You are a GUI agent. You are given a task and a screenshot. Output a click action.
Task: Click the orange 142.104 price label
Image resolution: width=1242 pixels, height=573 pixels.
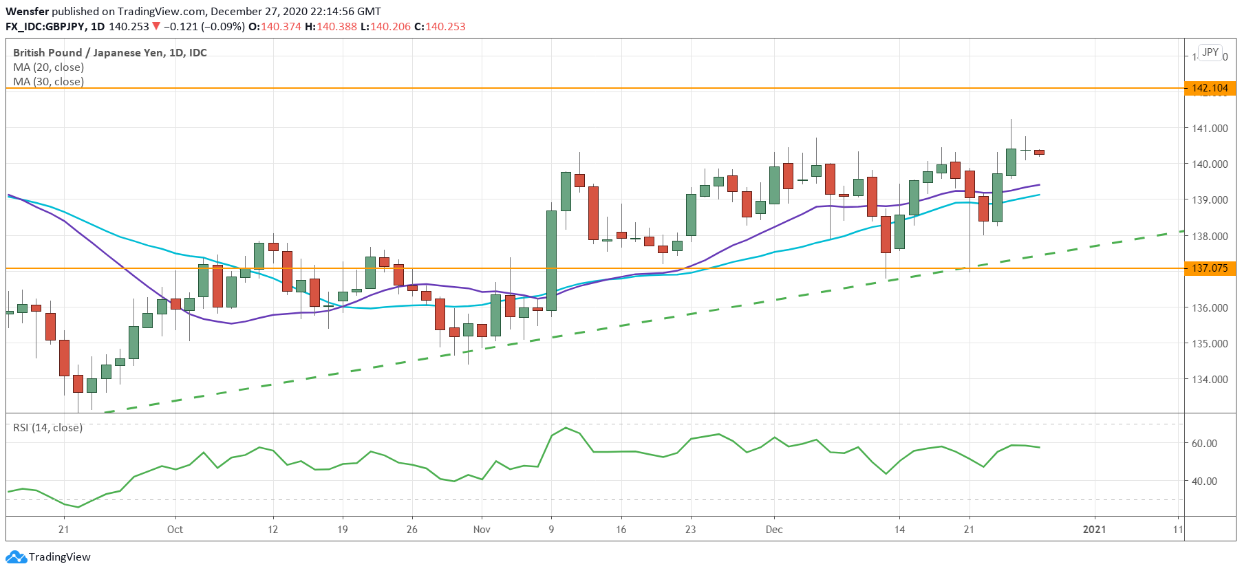coord(1209,88)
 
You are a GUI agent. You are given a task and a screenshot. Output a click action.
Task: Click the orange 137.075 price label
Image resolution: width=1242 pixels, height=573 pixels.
coord(1209,268)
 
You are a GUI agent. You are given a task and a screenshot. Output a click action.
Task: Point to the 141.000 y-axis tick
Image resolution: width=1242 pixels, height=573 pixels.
coord(1209,129)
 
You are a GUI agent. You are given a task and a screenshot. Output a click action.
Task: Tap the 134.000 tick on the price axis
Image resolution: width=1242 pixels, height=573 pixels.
coord(1209,380)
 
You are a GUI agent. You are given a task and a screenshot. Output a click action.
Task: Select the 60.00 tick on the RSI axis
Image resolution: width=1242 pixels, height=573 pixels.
coord(1204,444)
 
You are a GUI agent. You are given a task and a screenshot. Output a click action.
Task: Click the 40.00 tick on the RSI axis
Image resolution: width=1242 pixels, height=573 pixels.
coord(1204,482)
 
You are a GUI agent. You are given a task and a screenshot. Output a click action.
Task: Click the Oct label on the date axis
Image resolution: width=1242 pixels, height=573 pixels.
coord(175,530)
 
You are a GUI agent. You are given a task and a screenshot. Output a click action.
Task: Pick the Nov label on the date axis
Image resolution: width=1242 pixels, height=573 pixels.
coord(482,530)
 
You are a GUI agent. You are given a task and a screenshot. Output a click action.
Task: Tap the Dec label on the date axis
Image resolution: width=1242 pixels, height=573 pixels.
coord(774,530)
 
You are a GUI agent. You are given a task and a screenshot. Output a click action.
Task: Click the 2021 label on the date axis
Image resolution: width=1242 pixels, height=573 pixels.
coord(1094,530)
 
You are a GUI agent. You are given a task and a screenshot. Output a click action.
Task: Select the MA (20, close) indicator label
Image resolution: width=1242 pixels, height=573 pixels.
coord(48,67)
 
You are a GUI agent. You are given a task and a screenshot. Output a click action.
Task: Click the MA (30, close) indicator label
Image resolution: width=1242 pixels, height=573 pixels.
coord(48,82)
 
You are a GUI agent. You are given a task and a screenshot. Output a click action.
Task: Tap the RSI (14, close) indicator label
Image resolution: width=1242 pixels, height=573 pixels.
coord(47,428)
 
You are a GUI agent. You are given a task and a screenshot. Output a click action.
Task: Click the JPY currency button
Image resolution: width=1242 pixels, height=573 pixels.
coord(1210,52)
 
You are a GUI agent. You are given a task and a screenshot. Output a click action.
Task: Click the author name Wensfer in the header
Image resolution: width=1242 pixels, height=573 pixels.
coord(27,11)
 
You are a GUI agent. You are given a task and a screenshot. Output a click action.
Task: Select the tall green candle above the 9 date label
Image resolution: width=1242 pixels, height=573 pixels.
coord(551,260)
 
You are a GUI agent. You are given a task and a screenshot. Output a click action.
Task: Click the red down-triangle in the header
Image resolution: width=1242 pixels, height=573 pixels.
coord(156,26)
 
